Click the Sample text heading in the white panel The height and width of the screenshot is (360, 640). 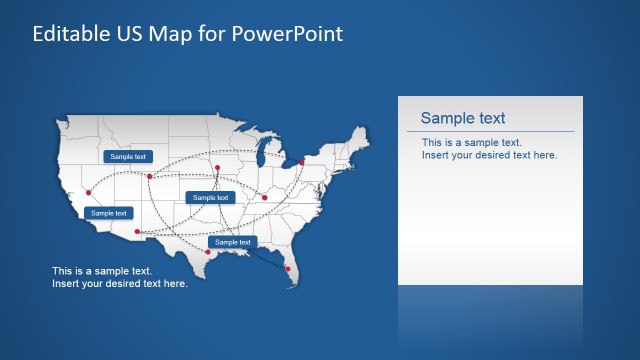(x=462, y=118)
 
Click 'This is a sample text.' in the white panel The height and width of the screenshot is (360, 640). (x=471, y=143)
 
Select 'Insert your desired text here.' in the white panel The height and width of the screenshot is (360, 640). (x=489, y=155)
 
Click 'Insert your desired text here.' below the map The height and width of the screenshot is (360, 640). (x=119, y=284)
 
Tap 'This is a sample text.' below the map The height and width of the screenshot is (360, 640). (x=102, y=271)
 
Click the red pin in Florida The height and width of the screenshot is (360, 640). (x=289, y=268)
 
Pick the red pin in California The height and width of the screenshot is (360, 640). (x=89, y=192)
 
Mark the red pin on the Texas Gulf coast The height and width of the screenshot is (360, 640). (x=208, y=252)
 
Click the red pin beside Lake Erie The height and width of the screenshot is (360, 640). (x=301, y=161)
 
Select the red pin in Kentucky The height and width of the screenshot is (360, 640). (x=265, y=197)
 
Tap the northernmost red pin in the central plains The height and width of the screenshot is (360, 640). (x=217, y=167)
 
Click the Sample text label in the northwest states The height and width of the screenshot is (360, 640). (x=128, y=157)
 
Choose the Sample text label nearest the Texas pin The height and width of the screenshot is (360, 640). (x=232, y=242)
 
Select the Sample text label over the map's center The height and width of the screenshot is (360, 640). (x=210, y=198)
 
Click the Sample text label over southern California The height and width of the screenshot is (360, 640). (x=109, y=213)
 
